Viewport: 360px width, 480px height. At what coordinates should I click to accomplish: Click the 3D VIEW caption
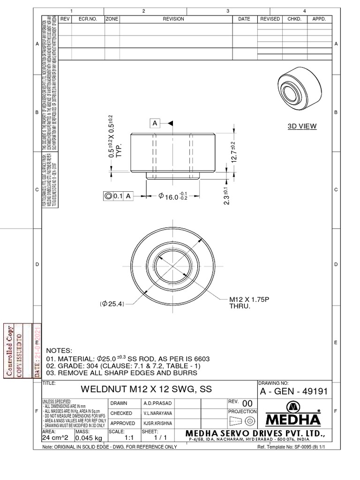[302, 126]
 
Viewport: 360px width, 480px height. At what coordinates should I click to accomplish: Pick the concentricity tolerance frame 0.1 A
[118, 197]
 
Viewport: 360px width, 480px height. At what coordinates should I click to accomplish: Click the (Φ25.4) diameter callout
[112, 303]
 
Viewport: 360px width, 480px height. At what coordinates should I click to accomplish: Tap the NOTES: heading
[59, 351]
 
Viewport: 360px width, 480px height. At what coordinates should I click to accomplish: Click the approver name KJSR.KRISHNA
[158, 423]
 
